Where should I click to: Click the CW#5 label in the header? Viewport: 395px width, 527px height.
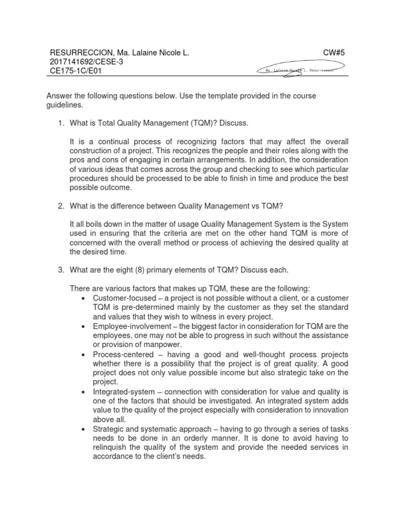(334, 52)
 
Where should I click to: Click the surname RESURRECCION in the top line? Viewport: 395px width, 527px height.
(80, 52)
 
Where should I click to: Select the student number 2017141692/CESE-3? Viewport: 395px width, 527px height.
(86, 62)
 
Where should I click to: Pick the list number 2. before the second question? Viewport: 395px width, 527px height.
(61, 206)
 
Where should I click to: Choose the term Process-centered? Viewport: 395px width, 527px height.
(121, 354)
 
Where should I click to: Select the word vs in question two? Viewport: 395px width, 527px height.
(258, 206)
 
